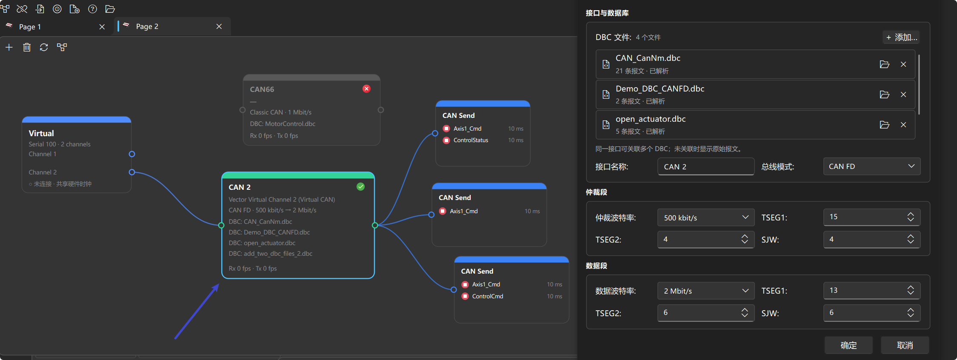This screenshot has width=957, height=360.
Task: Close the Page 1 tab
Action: pyautogui.click(x=102, y=27)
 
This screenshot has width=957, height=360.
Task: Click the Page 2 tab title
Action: pyautogui.click(x=147, y=26)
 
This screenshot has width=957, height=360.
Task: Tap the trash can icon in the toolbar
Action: pyautogui.click(x=27, y=47)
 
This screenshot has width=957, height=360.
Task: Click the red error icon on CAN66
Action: pyautogui.click(x=366, y=89)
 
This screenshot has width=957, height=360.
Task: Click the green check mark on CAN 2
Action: pyautogui.click(x=360, y=186)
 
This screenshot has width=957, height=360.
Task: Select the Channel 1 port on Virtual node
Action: pyautogui.click(x=132, y=154)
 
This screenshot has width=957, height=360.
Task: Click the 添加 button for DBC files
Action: pyautogui.click(x=901, y=37)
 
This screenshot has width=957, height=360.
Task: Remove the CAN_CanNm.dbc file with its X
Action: pyautogui.click(x=903, y=64)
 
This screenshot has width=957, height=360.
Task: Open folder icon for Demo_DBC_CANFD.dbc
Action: pyautogui.click(x=885, y=94)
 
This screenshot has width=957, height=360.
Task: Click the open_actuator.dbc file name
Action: pyautogui.click(x=651, y=119)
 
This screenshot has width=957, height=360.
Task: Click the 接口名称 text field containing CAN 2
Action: pyautogui.click(x=706, y=166)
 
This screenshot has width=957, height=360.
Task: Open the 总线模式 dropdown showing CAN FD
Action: pyautogui.click(x=872, y=166)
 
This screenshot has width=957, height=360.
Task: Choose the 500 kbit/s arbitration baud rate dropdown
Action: pyautogui.click(x=706, y=217)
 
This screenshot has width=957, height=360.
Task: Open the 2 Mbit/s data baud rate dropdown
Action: pyautogui.click(x=706, y=291)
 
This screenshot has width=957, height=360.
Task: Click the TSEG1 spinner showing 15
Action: pyautogui.click(x=872, y=217)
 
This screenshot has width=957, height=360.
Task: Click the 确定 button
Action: pyautogui.click(x=848, y=345)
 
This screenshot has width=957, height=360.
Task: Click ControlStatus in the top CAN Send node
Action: pyautogui.click(x=471, y=140)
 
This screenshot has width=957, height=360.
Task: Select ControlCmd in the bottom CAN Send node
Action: pyautogui.click(x=488, y=296)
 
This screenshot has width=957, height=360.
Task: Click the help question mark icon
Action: pyautogui.click(x=92, y=9)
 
